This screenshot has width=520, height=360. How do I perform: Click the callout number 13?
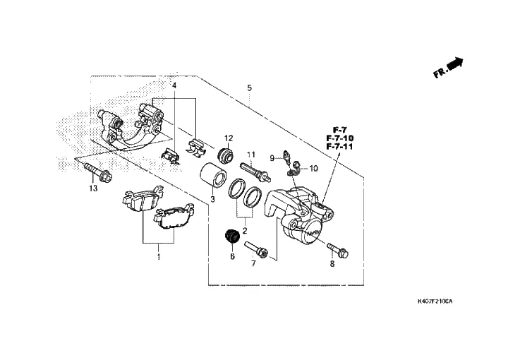93,188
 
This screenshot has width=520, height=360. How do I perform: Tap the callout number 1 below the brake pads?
159,258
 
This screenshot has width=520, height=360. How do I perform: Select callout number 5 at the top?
249,88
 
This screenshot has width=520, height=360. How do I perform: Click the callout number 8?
332,264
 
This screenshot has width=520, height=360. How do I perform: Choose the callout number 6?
231,257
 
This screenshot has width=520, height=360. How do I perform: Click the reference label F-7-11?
339,146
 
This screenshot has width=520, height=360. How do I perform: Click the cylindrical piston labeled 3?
214,176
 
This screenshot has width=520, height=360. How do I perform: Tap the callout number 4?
174,86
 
